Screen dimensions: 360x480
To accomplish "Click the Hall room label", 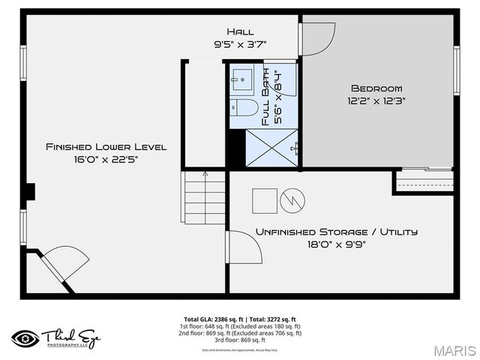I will tap(240, 31).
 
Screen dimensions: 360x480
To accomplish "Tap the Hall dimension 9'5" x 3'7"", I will tap(240, 44).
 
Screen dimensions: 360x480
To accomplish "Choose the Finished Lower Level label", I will tap(106, 146).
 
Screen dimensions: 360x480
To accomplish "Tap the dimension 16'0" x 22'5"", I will tap(106, 159).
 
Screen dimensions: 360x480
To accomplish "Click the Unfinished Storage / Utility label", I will tap(337, 232).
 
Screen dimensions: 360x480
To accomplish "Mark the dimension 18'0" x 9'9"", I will tap(337, 244).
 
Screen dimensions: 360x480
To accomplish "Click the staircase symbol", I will tap(204, 196).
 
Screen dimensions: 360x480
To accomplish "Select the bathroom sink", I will tap(241, 77).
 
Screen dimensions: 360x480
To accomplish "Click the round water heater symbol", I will tap(292, 200).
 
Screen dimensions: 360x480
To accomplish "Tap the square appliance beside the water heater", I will tap(264, 200).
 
